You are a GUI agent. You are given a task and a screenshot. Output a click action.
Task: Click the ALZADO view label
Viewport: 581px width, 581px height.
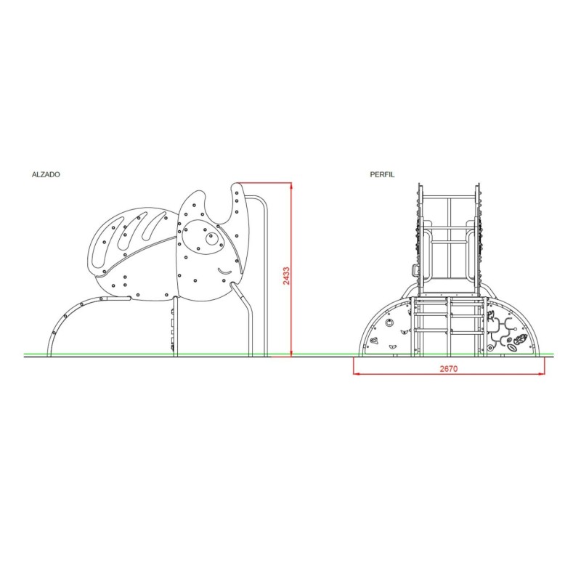click(x=46, y=174)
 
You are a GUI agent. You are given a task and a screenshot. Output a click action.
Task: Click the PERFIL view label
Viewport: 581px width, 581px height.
click(x=382, y=174)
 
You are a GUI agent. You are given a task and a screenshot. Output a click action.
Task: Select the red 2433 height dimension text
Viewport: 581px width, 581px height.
click(x=286, y=276)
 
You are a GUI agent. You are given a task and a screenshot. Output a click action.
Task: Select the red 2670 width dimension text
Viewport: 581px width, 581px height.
click(x=449, y=368)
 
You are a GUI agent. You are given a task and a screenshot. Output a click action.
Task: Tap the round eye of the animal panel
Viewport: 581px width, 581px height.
click(x=212, y=239)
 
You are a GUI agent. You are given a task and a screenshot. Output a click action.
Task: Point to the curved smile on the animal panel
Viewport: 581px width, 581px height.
click(x=224, y=272)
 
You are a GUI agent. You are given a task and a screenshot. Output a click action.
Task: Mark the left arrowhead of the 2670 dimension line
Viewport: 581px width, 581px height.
click(x=357, y=373)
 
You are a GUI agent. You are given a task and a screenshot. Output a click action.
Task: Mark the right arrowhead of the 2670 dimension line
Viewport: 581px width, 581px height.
click(x=541, y=373)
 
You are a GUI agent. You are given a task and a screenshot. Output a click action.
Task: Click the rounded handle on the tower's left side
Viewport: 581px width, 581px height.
click(x=414, y=269)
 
